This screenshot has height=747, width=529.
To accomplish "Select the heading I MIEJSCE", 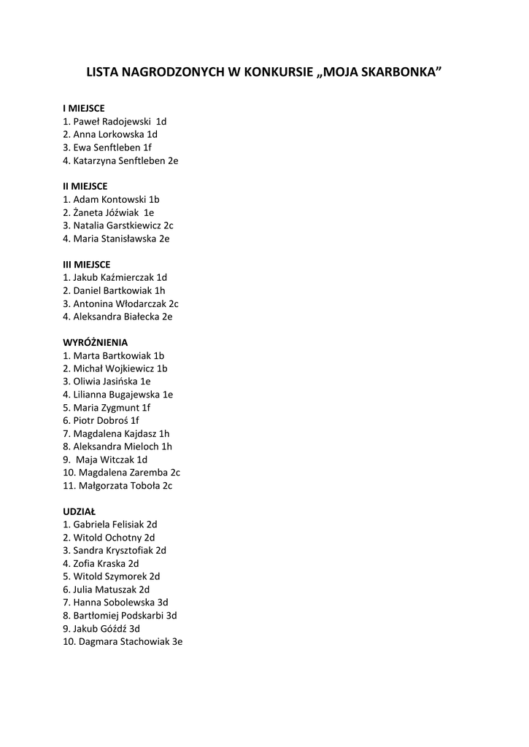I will [x=84, y=109].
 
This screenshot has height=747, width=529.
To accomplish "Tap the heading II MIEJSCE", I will [x=85, y=186].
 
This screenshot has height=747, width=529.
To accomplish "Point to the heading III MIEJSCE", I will [x=87, y=264].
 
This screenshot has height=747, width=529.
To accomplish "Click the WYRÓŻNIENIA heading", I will [x=96, y=342].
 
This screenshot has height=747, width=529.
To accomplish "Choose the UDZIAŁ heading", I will [x=80, y=511].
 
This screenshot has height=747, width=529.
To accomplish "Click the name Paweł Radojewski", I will [x=112, y=122].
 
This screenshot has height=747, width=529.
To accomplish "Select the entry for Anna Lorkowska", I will [x=109, y=134].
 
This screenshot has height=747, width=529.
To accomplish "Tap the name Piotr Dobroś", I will [x=101, y=420].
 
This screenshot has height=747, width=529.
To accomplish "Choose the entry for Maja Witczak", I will [x=105, y=460].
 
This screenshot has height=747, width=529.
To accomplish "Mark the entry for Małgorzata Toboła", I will [x=118, y=485].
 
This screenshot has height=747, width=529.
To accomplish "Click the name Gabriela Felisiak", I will [x=109, y=525].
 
